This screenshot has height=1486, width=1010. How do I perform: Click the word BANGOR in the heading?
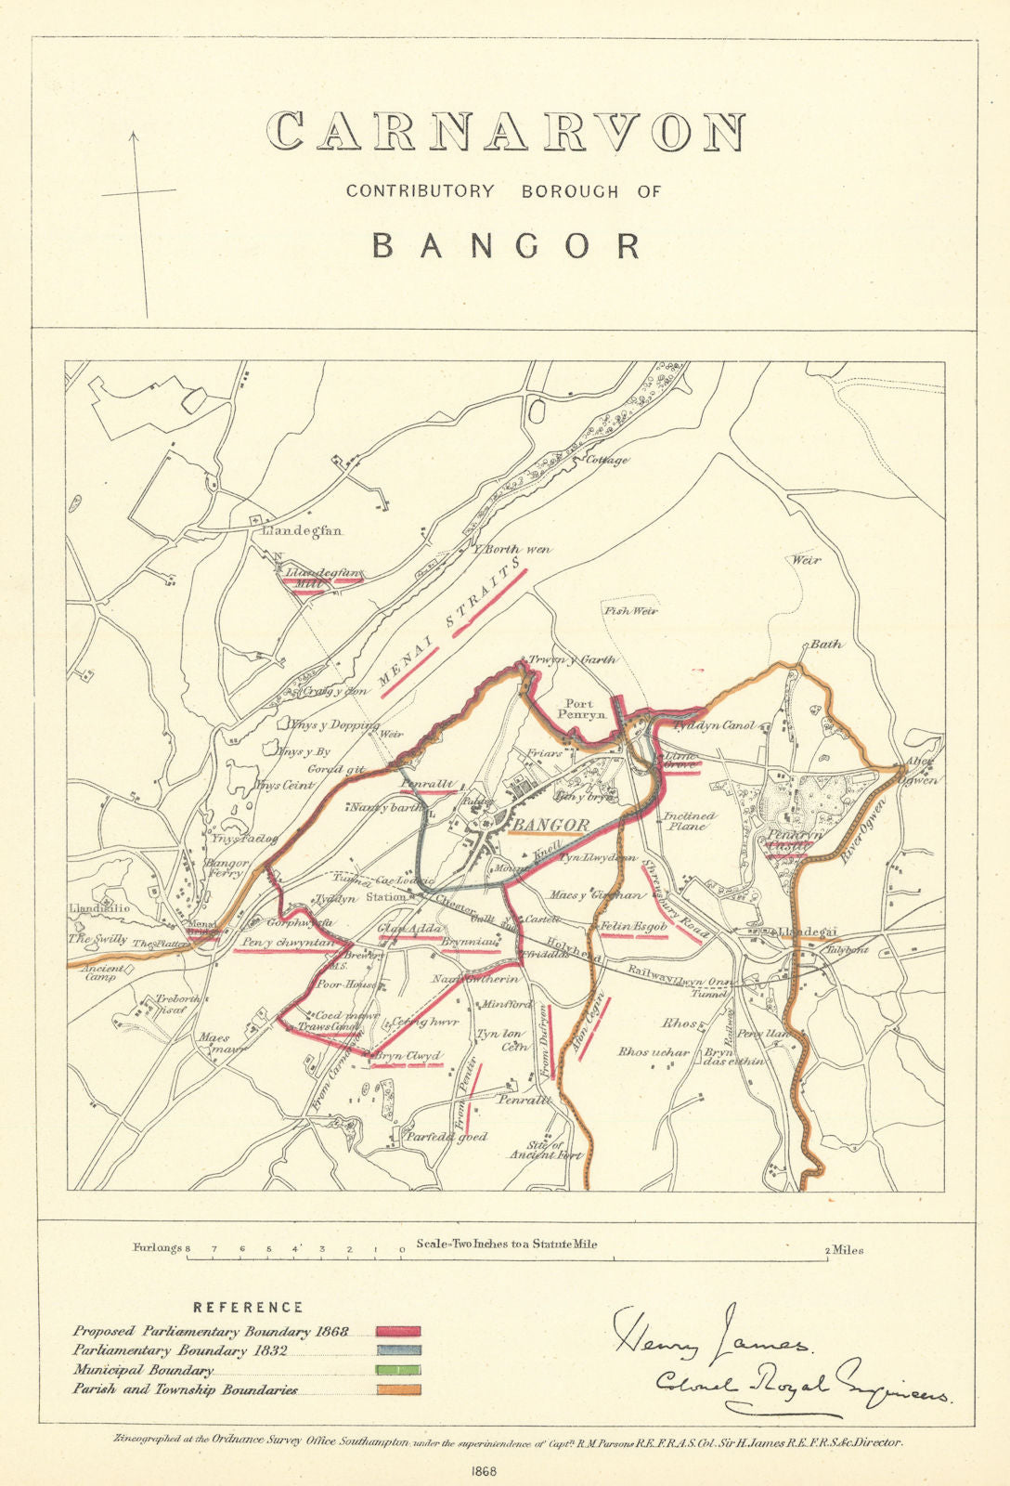[x=506, y=246]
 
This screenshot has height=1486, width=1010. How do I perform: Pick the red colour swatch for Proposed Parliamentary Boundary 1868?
[x=398, y=1332]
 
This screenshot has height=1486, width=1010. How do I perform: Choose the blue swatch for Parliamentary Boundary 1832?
[x=398, y=1350]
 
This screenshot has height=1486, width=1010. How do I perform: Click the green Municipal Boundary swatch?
[x=398, y=1370]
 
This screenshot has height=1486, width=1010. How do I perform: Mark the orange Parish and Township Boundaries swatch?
[x=398, y=1389]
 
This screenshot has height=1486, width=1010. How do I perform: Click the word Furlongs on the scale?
[x=158, y=1248]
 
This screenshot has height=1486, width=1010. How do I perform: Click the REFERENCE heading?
[x=248, y=1307]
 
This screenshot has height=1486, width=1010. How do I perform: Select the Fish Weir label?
[x=630, y=611]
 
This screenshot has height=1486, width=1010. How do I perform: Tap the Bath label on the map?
[x=826, y=644]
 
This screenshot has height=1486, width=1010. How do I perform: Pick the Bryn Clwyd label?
[x=407, y=1056]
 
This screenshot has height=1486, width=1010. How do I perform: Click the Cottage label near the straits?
[x=606, y=460]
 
